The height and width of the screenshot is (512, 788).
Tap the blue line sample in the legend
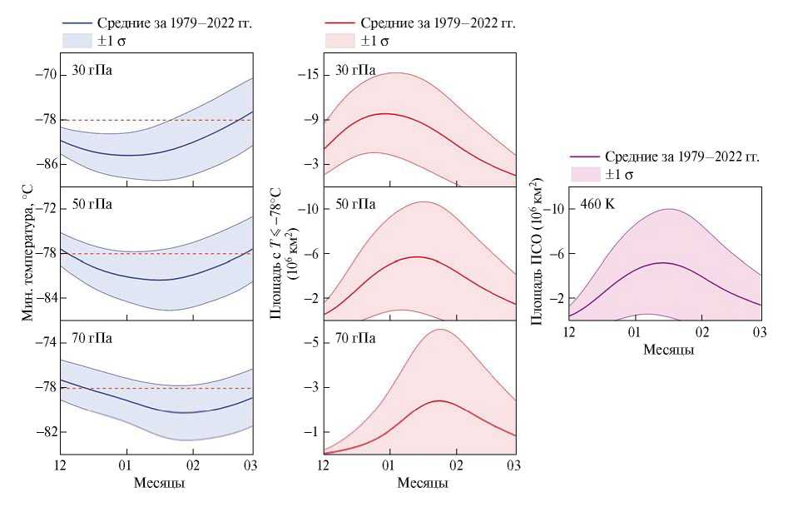81,23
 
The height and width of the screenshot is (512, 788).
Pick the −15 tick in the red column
310,75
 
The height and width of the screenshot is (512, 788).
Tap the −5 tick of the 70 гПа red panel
312,342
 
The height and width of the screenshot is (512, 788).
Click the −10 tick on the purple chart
553,209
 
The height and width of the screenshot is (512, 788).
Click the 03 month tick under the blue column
252,464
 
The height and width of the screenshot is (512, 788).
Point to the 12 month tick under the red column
324,464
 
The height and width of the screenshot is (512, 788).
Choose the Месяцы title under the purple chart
669,350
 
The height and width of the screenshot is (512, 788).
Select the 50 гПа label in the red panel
356,204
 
